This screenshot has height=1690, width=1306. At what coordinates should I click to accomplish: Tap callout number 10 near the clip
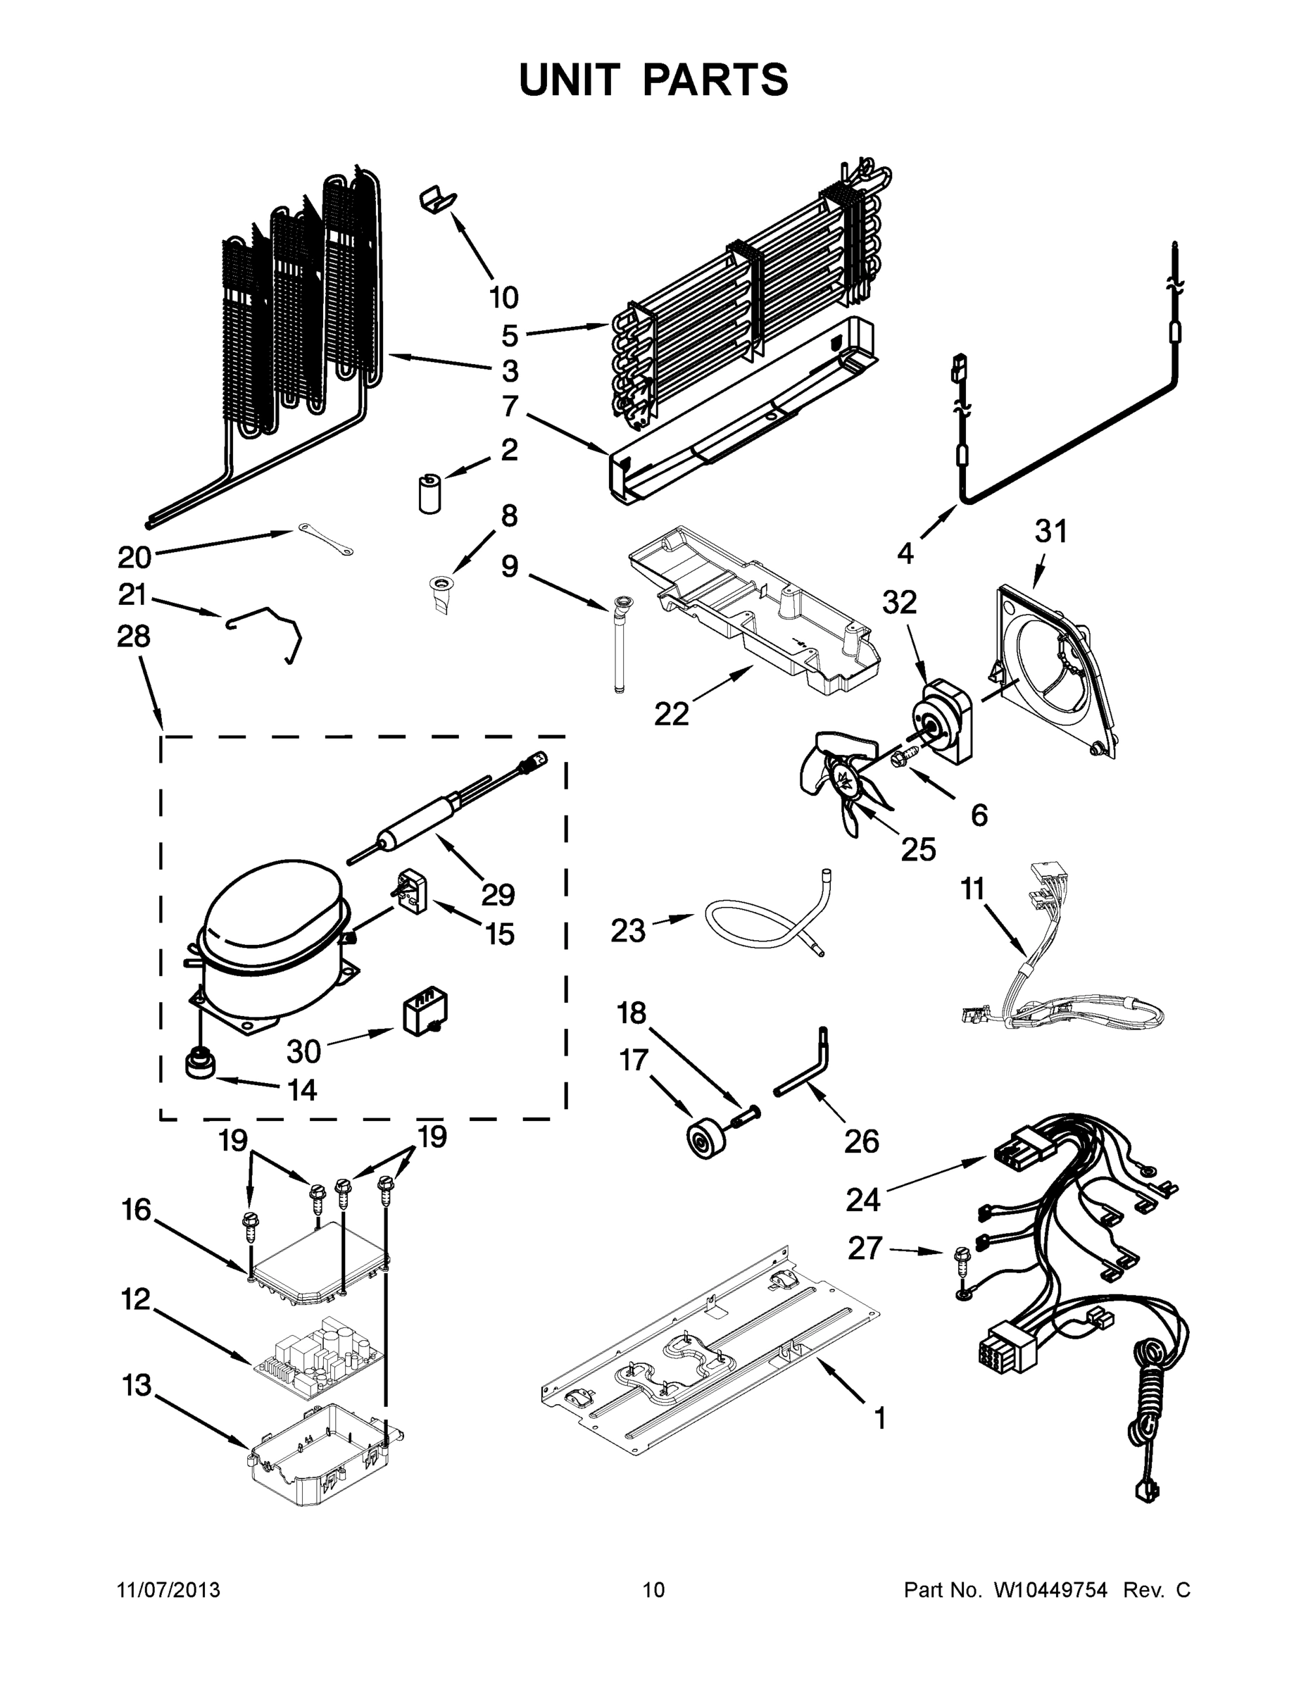tap(503, 297)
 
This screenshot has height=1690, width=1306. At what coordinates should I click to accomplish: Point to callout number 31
tap(1050, 532)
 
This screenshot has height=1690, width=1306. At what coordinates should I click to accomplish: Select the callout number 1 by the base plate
tap(879, 1417)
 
